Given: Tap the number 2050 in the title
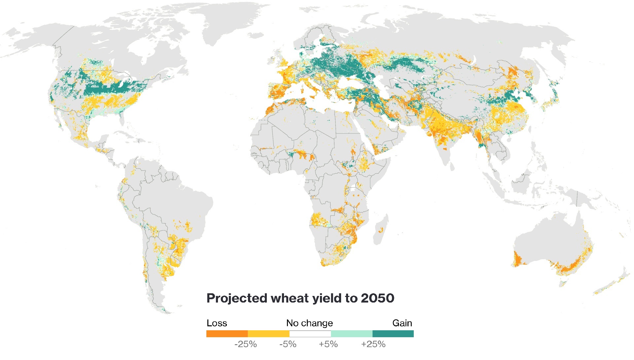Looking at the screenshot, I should tap(377, 298).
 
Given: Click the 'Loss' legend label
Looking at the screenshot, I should tap(217, 323).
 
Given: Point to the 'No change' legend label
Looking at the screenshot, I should tap(309, 323).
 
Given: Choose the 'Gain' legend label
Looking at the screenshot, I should tap(402, 323).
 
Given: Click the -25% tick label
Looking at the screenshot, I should tap(245, 344).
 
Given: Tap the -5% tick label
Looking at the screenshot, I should tap(288, 344).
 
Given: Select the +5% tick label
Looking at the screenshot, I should tap(328, 344).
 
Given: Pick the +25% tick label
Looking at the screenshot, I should tap(373, 344).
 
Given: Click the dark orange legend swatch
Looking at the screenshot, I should tap(227, 334).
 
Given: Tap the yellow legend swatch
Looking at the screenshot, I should tap(268, 334).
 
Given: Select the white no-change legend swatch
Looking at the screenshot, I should tap(310, 334).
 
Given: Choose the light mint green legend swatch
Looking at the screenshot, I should tap(352, 334).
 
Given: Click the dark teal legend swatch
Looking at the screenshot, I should tap(393, 334).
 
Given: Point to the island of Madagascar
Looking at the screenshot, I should tap(381, 230).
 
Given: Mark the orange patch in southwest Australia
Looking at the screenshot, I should tap(518, 259).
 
